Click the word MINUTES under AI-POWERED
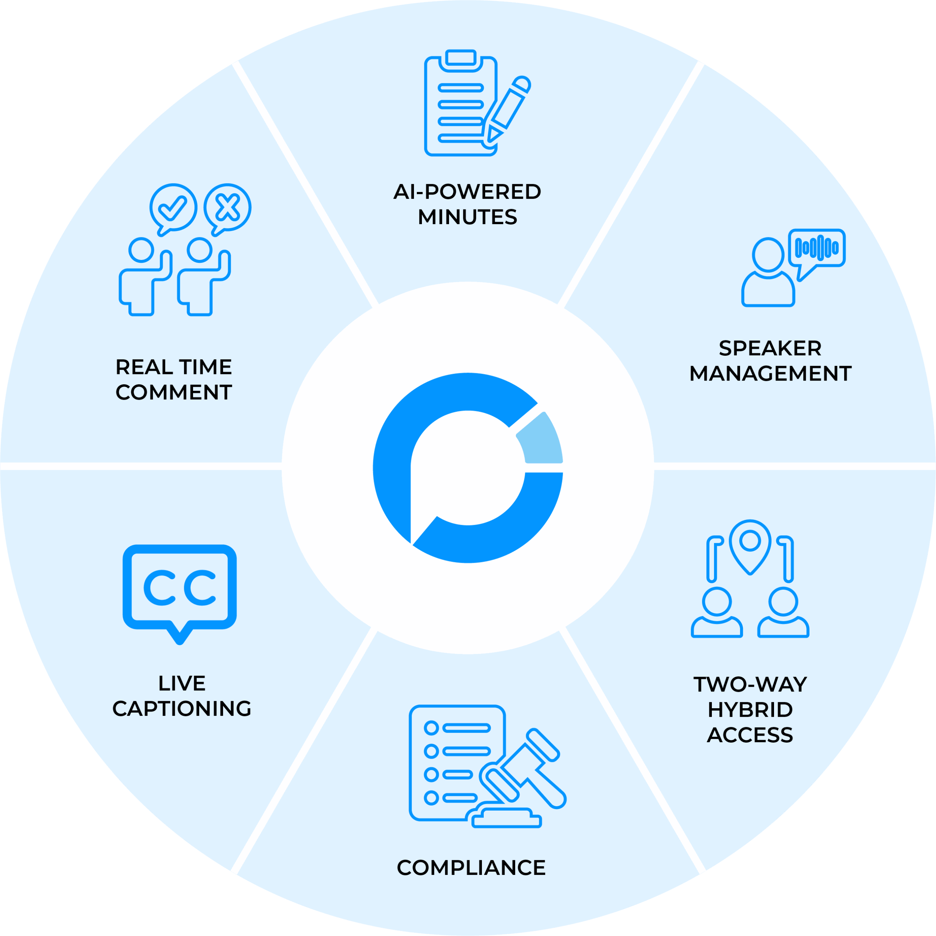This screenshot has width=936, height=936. (468, 217)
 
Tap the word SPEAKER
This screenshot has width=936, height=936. (770, 348)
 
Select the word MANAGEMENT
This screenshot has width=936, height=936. (770, 374)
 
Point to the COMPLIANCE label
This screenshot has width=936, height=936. (471, 868)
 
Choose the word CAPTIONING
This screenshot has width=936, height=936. (182, 709)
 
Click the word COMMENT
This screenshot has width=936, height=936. (173, 392)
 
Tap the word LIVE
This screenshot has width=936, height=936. (182, 684)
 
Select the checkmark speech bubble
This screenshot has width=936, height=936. (173, 208)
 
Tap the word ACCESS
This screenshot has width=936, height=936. (750, 735)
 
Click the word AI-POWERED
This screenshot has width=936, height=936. (468, 192)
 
